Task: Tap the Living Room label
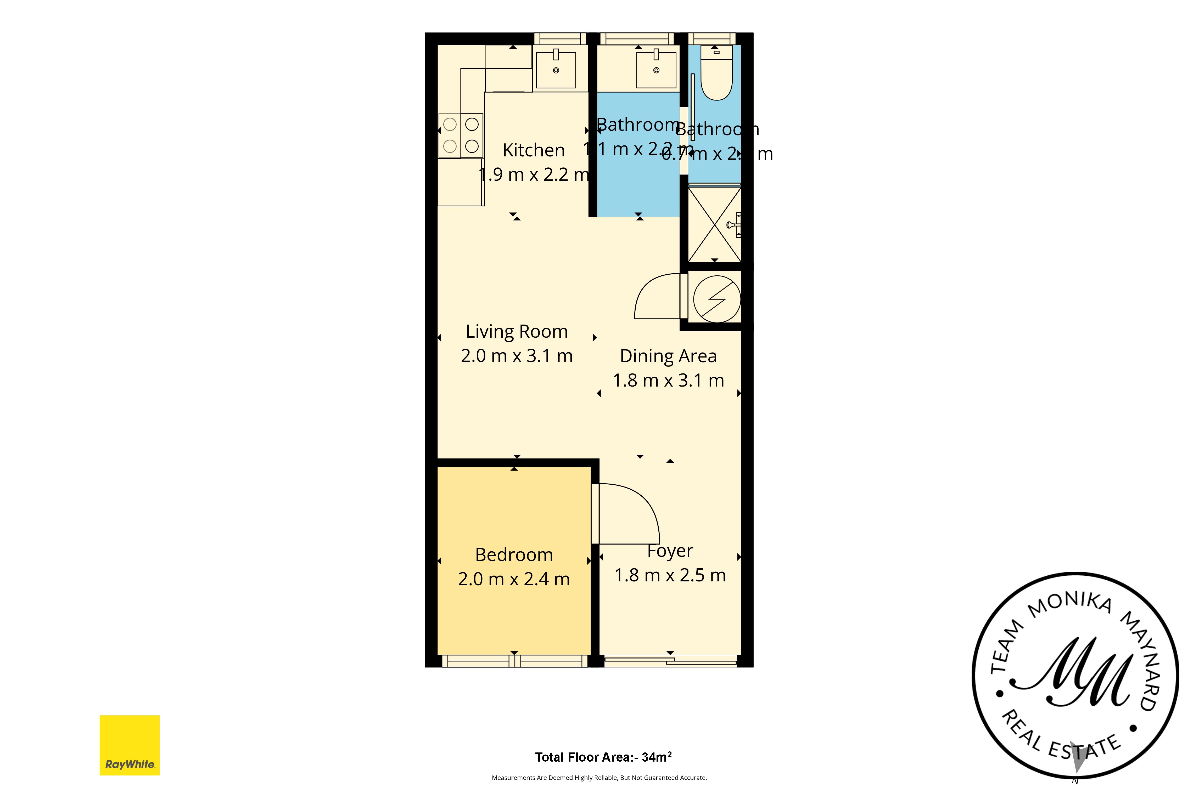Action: [516, 332]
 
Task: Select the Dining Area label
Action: [668, 356]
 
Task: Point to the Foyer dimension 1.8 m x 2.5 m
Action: [670, 575]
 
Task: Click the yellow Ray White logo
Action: [130, 745]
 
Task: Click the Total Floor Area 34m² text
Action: [603, 757]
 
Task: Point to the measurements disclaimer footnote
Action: [599, 778]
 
